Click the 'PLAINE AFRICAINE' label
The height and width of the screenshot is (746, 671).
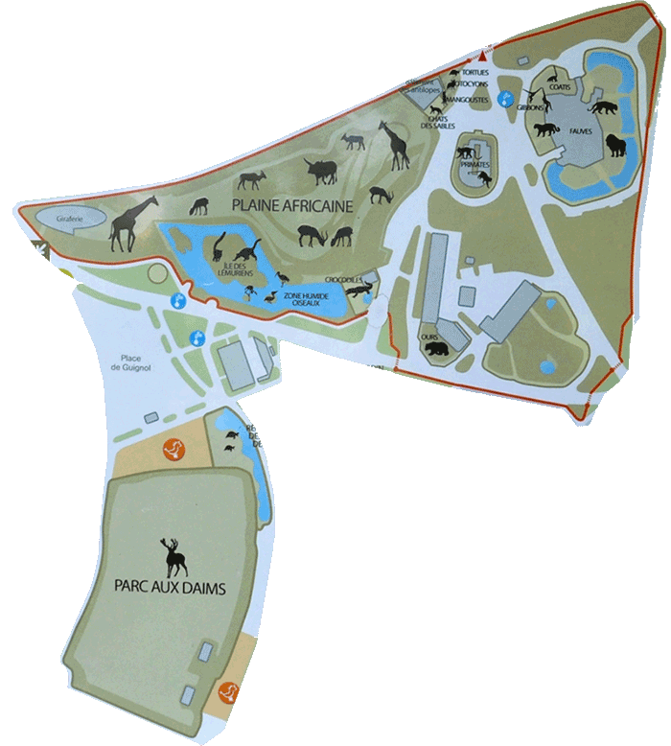coord(290,205)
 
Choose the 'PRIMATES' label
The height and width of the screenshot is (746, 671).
coord(474,165)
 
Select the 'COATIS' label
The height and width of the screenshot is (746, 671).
coord(561,88)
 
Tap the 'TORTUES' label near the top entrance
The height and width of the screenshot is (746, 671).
coord(475,73)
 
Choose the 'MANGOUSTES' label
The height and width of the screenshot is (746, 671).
coord(468,99)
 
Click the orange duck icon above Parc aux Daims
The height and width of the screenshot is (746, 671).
coord(174,447)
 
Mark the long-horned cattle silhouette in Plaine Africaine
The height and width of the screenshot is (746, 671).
coord(323,171)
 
